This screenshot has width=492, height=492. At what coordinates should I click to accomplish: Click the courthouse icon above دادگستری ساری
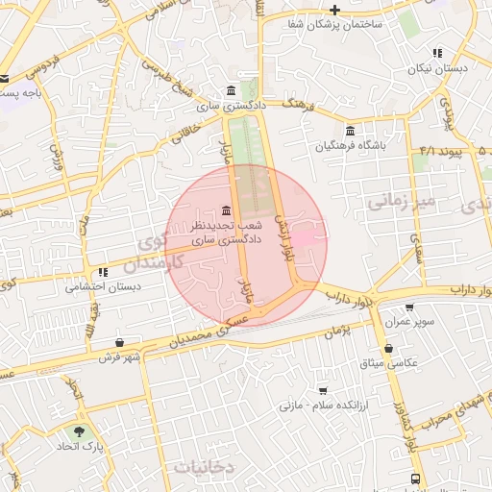(x=230, y=91)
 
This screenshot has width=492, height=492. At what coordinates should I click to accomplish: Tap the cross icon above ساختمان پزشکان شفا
(x=334, y=10)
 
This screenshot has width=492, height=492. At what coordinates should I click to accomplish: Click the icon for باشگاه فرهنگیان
(x=349, y=131)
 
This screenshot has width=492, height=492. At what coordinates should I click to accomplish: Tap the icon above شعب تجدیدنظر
(x=225, y=209)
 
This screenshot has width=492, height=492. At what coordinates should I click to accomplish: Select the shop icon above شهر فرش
(x=119, y=343)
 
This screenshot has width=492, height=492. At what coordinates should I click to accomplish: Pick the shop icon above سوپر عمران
(x=410, y=307)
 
